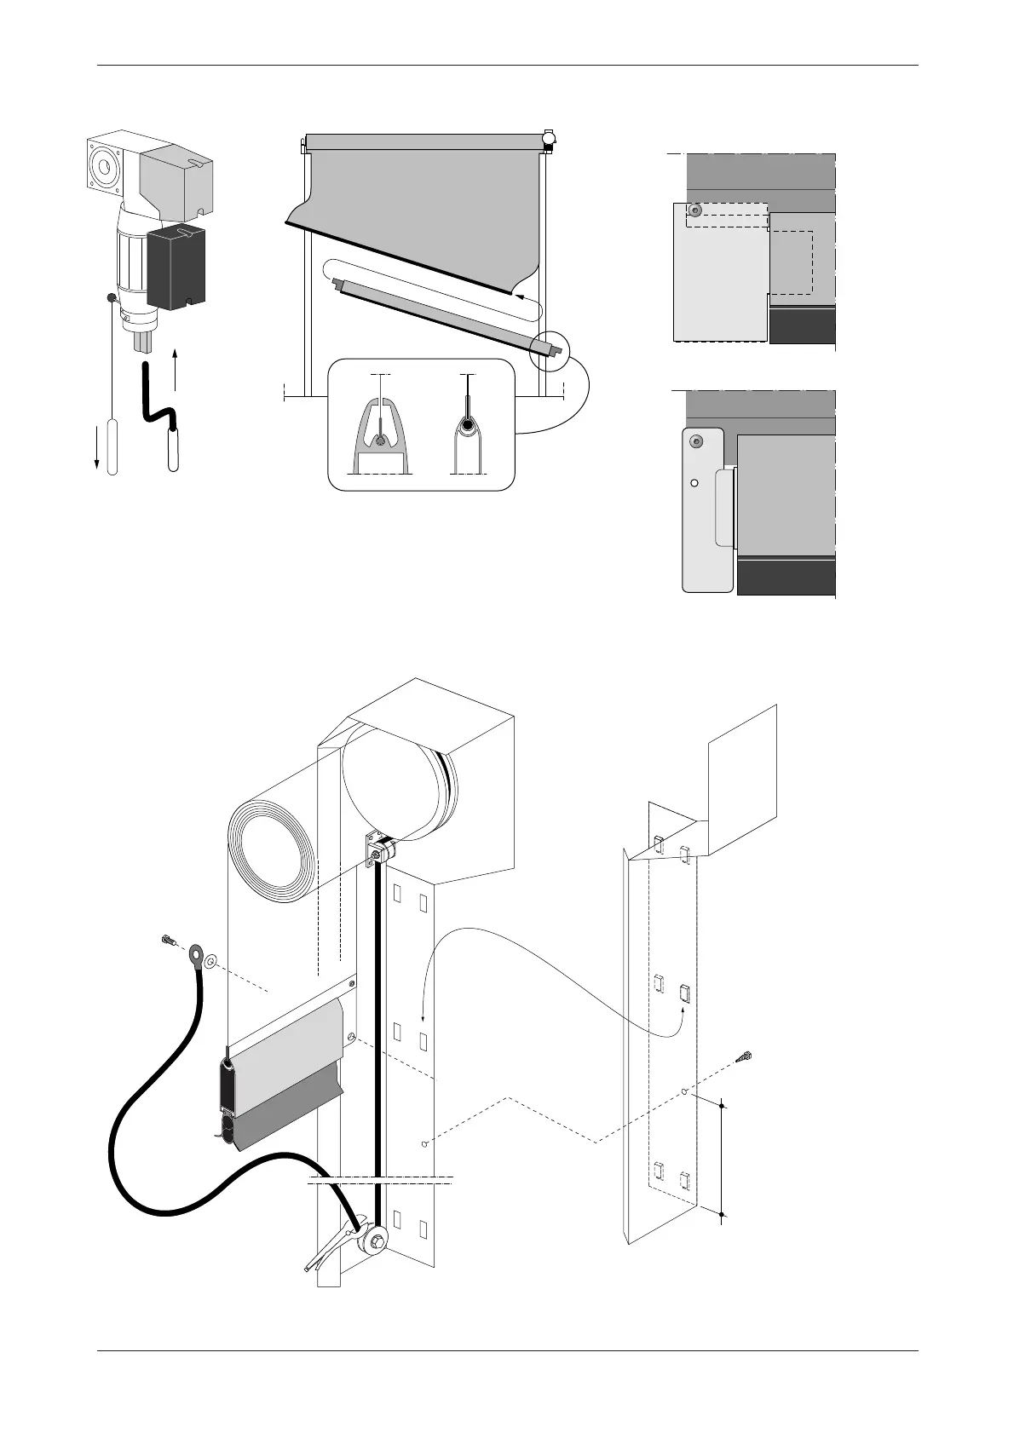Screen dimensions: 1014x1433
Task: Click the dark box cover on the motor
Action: [176, 267]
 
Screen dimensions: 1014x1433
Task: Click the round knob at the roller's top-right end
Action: [550, 136]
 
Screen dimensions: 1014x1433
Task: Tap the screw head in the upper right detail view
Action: [696, 210]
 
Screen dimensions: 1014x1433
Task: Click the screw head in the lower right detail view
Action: [697, 441]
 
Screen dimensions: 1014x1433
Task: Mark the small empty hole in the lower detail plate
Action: [694, 482]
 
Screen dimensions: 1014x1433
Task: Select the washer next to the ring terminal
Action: [211, 962]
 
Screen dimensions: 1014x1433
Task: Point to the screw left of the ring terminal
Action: [168, 941]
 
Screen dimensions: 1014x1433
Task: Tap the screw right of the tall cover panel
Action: [746, 1058]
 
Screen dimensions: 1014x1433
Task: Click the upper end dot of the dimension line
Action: [723, 1106]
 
